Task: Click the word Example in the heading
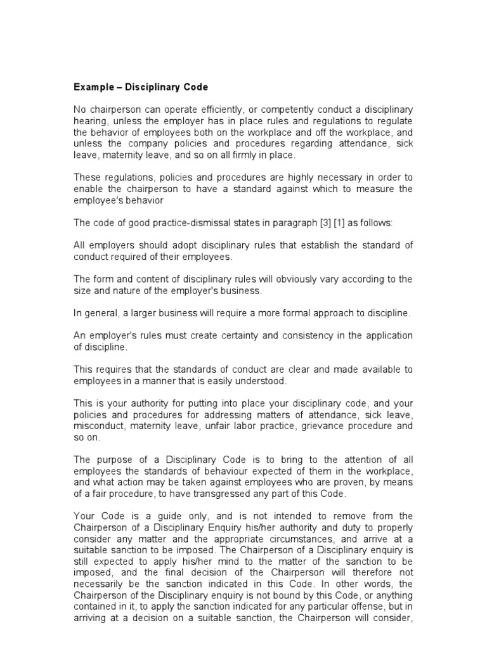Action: pos(93,86)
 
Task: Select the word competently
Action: pos(292,111)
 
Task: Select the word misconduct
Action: pos(100,425)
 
